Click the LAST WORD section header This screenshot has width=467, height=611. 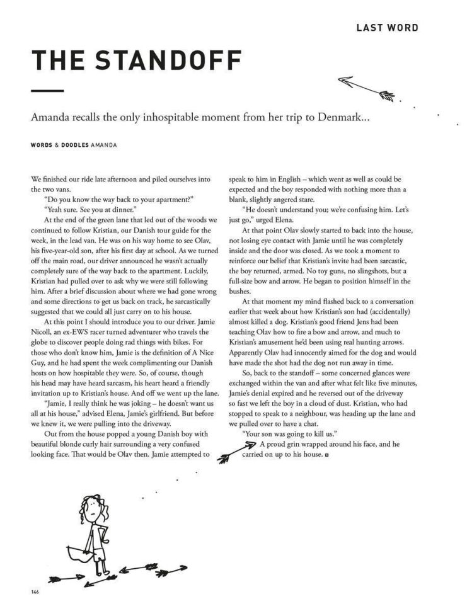(x=387, y=28)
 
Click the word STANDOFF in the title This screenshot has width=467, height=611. (x=170, y=60)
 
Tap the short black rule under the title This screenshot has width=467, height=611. (x=47, y=91)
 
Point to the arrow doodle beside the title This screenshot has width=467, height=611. (x=366, y=88)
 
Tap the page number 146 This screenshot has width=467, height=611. (x=35, y=591)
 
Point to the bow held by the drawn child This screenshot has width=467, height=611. (x=74, y=554)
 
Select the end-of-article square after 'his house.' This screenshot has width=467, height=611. (x=326, y=455)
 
